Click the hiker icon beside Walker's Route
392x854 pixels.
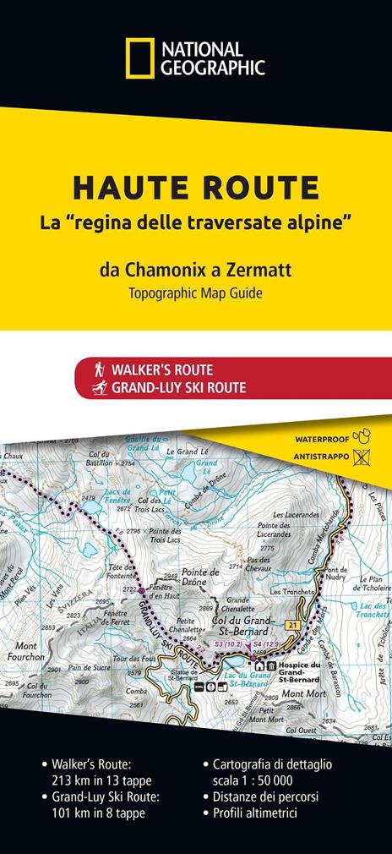(x=100, y=370)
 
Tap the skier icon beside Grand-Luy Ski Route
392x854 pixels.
(x=100, y=388)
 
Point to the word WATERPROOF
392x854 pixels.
(x=320, y=441)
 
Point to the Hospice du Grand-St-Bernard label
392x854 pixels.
(x=297, y=674)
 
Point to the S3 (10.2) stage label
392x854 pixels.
(x=229, y=646)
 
